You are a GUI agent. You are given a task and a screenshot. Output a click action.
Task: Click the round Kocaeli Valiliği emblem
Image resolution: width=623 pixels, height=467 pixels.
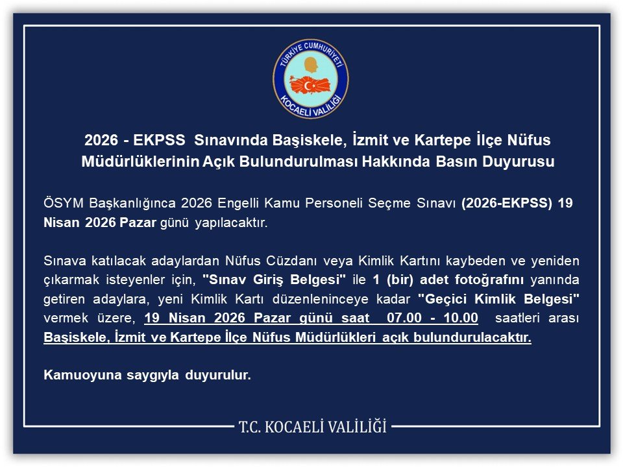pyautogui.click(x=311, y=78)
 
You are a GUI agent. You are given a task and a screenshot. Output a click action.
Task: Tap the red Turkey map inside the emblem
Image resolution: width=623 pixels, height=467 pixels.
pyautogui.click(x=310, y=85)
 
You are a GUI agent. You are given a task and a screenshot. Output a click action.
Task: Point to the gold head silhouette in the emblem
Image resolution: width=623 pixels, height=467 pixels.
pyautogui.click(x=311, y=65)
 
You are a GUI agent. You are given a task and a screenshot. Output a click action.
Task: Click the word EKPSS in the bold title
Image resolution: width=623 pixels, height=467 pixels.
pyautogui.click(x=159, y=140)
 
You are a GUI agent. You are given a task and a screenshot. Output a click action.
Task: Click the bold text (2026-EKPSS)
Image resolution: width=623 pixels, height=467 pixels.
pyautogui.click(x=507, y=203)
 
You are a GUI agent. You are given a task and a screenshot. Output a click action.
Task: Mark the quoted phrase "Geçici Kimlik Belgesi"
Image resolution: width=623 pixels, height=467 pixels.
pyautogui.click(x=498, y=298)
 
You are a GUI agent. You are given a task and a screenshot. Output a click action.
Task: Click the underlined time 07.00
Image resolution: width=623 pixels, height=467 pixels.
pyautogui.click(x=404, y=318)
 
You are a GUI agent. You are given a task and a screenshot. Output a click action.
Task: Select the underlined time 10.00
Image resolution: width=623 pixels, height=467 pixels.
pyautogui.click(x=461, y=318)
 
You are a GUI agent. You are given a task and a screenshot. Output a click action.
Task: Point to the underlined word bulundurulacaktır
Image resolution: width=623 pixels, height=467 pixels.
pyautogui.click(x=472, y=337)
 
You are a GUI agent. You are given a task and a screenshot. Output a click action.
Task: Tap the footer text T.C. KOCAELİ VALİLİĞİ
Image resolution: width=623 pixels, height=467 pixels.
pyautogui.click(x=312, y=427)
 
